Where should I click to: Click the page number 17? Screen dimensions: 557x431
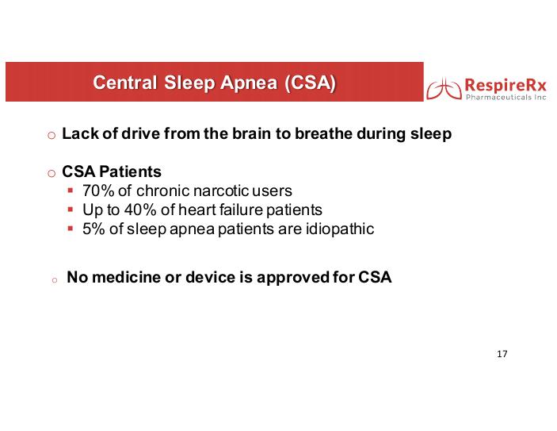tap(502, 354)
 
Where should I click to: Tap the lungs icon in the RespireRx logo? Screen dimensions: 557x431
tap(444, 89)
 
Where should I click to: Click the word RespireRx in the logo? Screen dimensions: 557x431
tap(505, 86)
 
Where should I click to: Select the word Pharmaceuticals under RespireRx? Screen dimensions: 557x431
tap(498, 97)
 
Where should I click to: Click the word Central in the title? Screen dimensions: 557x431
tap(124, 83)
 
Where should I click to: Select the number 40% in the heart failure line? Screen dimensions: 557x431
tap(140, 210)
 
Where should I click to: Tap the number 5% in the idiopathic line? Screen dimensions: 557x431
tap(93, 229)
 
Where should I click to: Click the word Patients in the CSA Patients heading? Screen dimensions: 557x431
tap(131, 171)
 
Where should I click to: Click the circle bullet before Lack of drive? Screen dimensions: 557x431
tap(52, 135)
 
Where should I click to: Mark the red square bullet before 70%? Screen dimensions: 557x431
tap(71, 190)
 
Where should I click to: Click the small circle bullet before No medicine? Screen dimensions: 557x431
tap(55, 280)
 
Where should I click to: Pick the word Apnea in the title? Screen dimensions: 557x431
tap(249, 83)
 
